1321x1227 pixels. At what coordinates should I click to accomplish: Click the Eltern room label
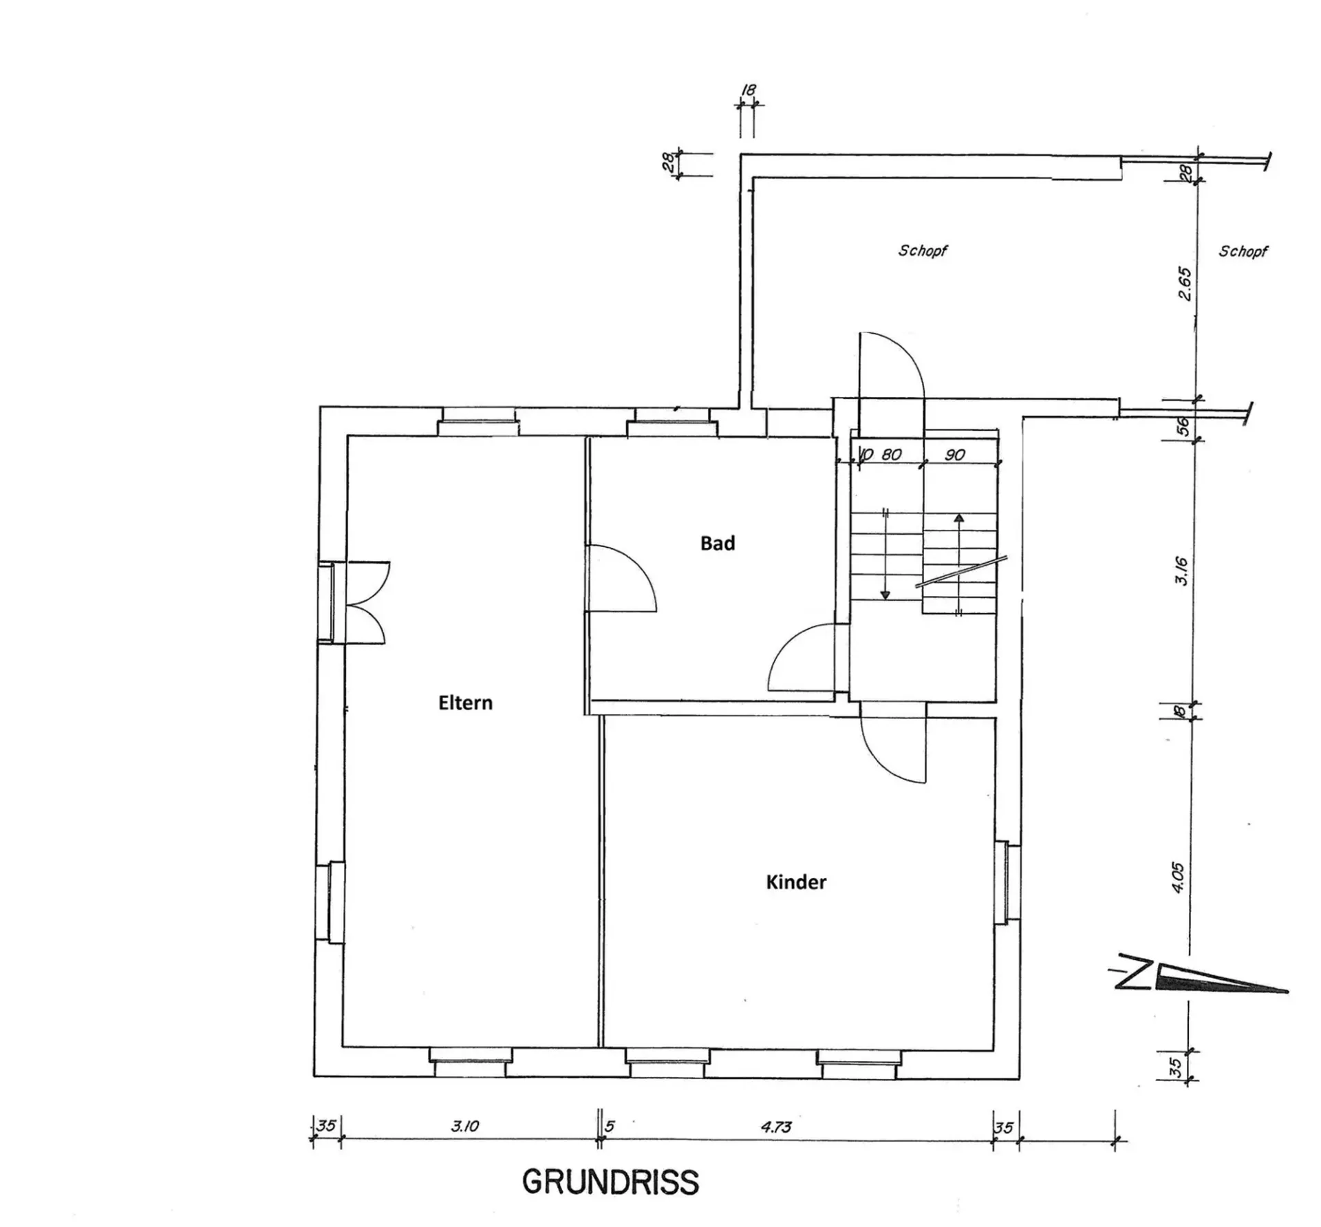point(465,703)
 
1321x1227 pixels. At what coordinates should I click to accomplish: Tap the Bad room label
point(718,543)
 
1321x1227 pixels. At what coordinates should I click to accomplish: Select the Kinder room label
point(796,882)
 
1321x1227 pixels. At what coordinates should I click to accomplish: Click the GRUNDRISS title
point(610,1182)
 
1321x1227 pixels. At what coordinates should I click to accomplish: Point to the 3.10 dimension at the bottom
point(465,1127)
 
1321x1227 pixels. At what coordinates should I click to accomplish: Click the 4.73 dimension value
point(776,1127)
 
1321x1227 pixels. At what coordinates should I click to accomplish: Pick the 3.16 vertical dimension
point(1181,570)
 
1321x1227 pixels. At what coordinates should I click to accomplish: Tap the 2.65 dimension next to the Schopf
point(1184,284)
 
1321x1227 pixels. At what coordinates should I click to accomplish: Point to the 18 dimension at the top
point(748,90)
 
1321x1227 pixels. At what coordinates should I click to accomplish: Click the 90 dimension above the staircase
point(955,454)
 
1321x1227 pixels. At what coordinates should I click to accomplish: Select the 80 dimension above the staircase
point(892,454)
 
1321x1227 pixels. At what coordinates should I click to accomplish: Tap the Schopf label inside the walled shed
point(923,250)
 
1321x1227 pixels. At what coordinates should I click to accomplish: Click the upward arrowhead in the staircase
point(958,518)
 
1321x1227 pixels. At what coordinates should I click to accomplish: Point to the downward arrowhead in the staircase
point(885,594)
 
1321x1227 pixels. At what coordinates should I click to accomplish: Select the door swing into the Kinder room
point(893,750)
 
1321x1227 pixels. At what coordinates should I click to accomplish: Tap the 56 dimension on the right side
point(1183,427)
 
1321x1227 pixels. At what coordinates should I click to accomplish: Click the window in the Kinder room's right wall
point(1004,882)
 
